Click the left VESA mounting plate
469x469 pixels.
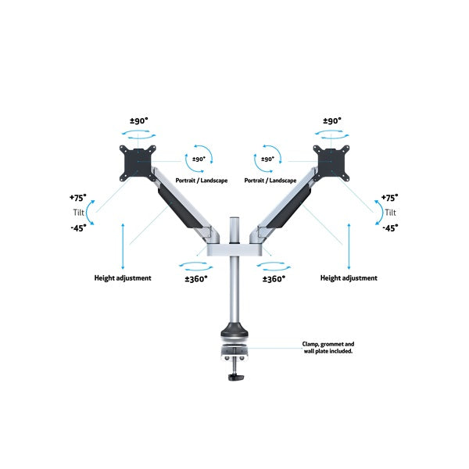coord(138,163)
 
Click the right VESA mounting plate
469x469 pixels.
coord(331,163)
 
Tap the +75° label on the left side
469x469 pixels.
coord(77,198)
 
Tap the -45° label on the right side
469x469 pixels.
coord(390,228)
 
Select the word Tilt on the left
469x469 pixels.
coord(79,213)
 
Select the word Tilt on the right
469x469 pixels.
coord(390,213)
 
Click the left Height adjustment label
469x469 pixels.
coord(123,278)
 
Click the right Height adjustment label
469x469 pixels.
coord(349,278)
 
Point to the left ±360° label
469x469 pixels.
coord(196,279)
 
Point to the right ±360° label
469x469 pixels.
coord(274,279)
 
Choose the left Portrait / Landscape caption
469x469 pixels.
coord(202,181)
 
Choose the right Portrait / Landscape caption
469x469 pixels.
coord(270,181)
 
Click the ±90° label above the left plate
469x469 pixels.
coord(139,121)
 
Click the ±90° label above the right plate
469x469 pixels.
coord(332,121)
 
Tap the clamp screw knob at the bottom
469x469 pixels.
coord(236,377)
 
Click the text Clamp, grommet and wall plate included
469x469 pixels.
coord(328,348)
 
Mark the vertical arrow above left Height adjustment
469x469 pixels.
coord(123,246)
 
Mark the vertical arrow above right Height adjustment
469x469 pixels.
coord(349,246)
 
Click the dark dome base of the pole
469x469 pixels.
coord(234,330)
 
